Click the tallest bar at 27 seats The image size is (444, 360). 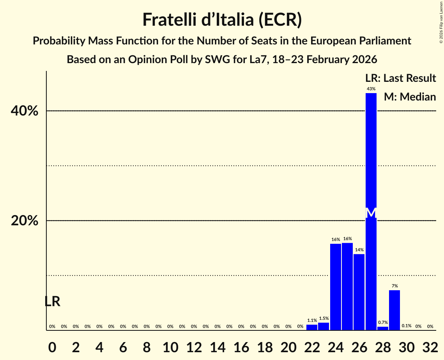point(371,156)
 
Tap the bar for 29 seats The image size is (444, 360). point(394,310)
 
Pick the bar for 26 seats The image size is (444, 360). point(359,292)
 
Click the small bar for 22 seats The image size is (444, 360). point(312,328)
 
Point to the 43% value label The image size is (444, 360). point(371,89)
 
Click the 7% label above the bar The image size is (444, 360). point(394,286)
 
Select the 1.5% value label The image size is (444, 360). point(324,318)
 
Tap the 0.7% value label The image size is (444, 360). point(383,323)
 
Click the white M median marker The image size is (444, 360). point(371,213)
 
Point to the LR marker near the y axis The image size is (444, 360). point(52,301)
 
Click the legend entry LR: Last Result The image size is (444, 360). point(400,78)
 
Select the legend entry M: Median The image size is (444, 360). point(410,97)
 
